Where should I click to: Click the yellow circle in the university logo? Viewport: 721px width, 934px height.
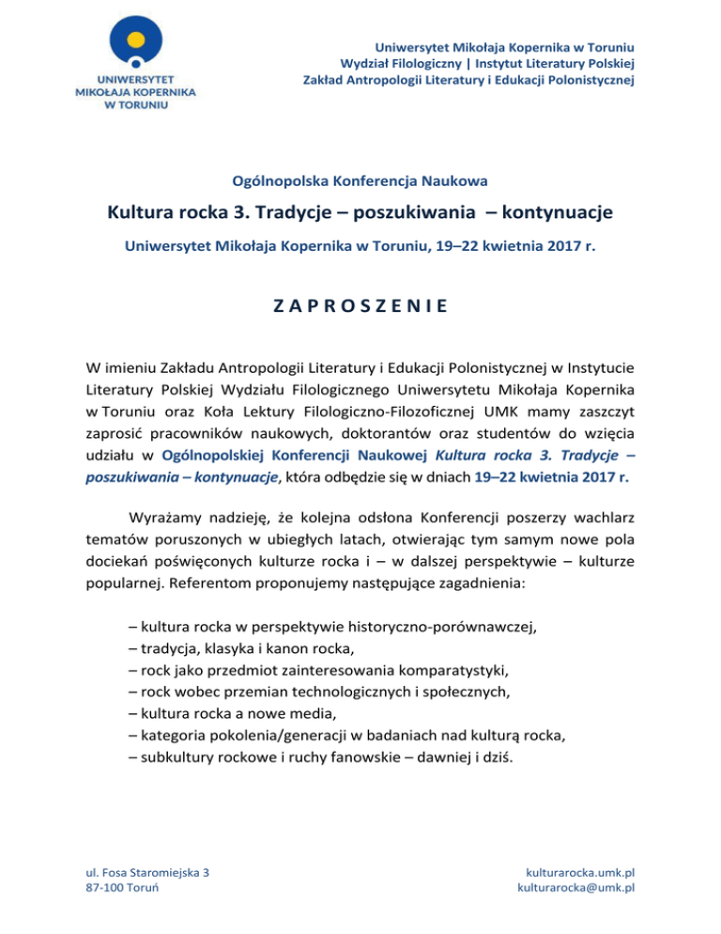tap(137, 39)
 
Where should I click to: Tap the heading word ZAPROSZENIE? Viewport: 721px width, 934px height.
tap(360, 305)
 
